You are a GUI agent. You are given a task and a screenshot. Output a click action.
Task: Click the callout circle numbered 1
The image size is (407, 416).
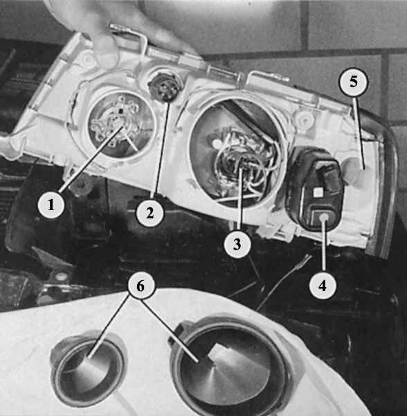tap(51, 205)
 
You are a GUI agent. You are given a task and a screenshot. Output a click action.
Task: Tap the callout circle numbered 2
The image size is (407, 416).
tap(150, 213)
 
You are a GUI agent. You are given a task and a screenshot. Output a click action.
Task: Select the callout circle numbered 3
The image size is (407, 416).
tap(237, 244)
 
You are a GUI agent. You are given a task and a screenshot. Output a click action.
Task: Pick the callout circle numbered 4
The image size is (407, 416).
tap(323, 286)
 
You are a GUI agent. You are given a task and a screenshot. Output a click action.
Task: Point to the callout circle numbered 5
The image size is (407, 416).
tap(354, 82)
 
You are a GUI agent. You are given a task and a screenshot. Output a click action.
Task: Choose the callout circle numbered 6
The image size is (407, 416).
tap(141, 286)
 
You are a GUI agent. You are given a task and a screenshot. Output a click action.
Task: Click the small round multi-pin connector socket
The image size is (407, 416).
tap(162, 87)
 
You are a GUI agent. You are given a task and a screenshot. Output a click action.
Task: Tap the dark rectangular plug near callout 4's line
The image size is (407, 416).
tap(315, 189)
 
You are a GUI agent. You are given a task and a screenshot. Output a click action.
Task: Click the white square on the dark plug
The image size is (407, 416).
tap(317, 192)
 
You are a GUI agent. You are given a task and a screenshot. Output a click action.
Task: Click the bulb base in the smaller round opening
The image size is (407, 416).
tap(116, 125)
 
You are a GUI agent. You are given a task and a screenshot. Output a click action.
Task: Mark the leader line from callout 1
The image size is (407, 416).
tap(91, 159)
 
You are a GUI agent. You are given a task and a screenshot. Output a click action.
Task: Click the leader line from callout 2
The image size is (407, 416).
tap(161, 150)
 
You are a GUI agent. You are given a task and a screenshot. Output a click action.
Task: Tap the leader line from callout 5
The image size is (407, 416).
tap(359, 132)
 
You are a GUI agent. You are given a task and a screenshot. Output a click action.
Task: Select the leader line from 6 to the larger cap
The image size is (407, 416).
tap(169, 331)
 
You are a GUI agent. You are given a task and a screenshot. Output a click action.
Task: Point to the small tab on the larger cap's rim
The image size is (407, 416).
tap(178, 332)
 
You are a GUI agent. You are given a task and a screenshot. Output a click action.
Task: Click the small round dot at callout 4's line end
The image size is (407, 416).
tap(324, 218)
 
